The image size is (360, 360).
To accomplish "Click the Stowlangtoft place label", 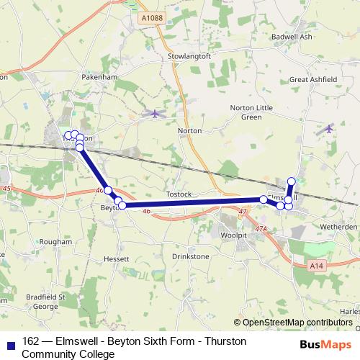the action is tap(186, 55).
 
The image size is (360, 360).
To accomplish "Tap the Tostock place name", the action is tap(179, 194).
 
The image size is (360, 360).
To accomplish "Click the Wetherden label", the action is tap(340, 226).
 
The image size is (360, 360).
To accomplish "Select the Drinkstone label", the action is tap(191, 256).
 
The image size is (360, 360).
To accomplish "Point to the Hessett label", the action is tap(115, 258).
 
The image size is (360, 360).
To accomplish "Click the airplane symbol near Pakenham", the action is tap(154, 113).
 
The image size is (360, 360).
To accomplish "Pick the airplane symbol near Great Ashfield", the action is tap(329, 129).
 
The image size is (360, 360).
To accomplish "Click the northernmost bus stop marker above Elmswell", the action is tap(292, 181).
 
